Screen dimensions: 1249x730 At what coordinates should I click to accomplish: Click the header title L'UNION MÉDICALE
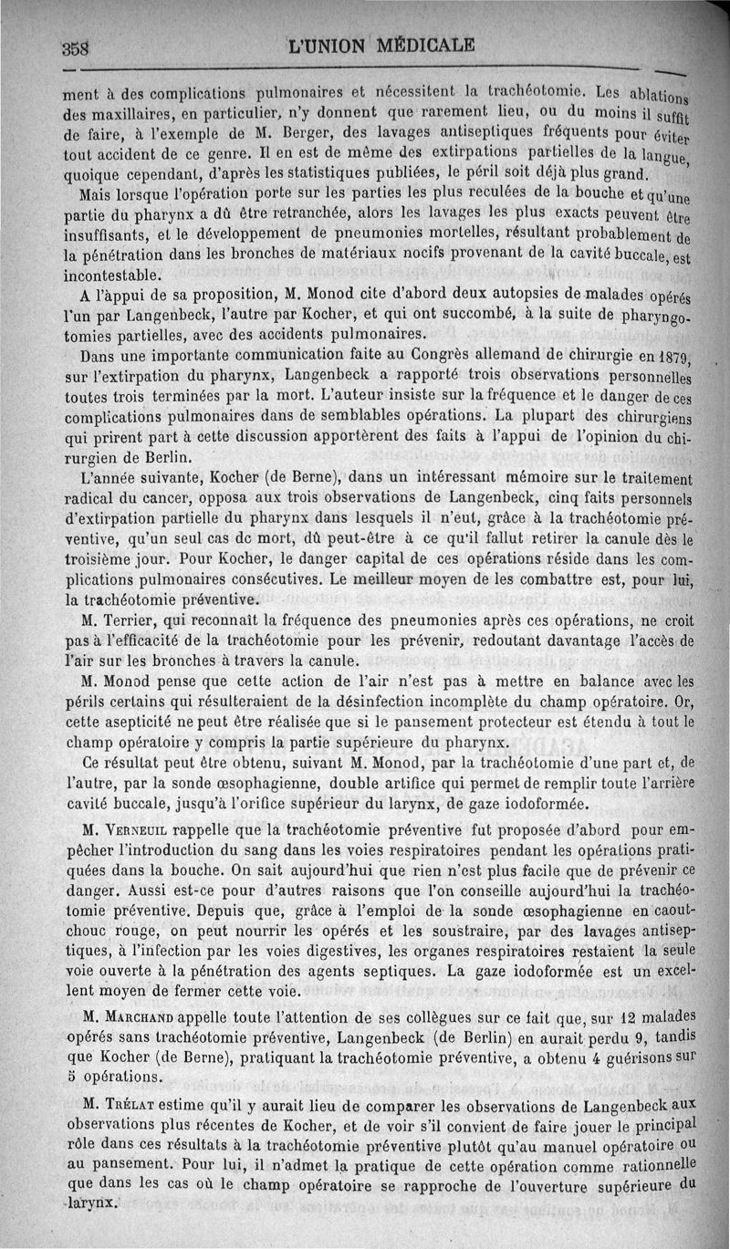pos(381,44)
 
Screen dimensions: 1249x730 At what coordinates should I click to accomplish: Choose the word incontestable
pos(114,274)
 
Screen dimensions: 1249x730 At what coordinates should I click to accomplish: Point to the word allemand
pos(548,355)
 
